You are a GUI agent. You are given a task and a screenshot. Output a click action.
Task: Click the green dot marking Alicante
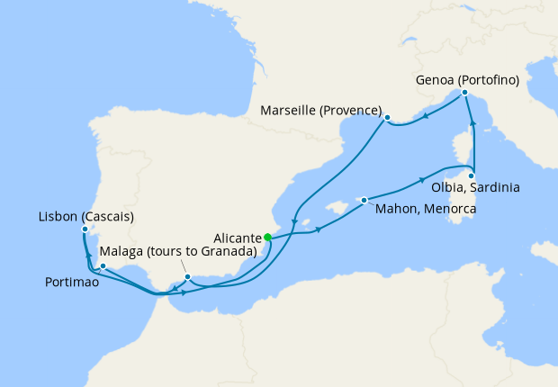[267, 238]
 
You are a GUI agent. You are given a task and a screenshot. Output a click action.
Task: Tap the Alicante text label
[238, 238]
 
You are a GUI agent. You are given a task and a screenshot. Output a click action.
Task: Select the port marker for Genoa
[463, 93]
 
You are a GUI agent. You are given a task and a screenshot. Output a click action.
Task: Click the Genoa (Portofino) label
[468, 79]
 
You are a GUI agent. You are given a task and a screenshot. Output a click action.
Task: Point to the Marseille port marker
[387, 118]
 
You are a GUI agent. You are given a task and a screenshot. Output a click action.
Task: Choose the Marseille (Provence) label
[319, 111]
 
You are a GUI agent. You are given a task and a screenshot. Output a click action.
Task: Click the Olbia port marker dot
[472, 175]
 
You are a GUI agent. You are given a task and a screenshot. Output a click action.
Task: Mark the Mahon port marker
[364, 200]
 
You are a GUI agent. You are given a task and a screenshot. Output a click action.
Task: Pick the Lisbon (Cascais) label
[86, 217]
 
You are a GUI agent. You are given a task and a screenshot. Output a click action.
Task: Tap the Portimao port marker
[103, 266]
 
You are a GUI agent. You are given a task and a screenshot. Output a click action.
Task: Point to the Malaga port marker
[187, 276]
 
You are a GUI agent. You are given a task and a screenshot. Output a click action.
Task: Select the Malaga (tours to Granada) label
[177, 251]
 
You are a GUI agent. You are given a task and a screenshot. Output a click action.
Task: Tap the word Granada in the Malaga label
[229, 251]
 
